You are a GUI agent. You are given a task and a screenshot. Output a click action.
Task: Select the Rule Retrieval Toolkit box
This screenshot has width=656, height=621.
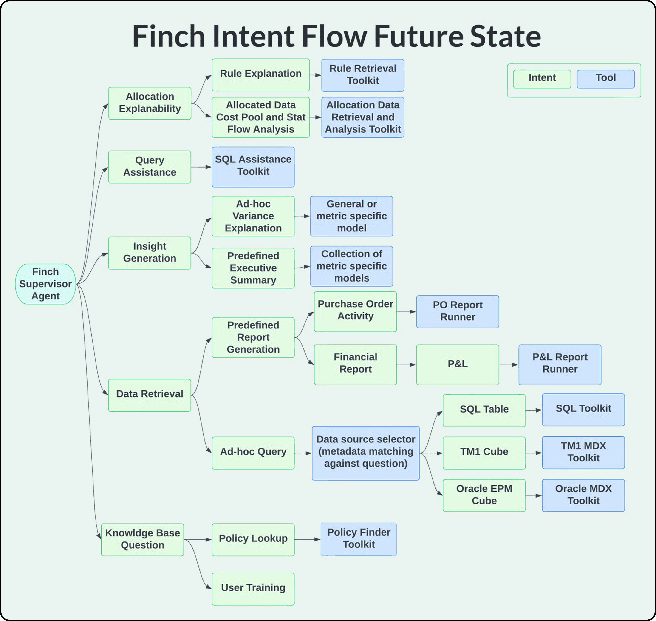363,75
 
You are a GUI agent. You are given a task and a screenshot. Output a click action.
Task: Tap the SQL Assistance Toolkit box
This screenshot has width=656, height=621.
253,167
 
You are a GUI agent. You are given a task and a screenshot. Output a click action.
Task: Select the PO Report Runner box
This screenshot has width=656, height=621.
458,311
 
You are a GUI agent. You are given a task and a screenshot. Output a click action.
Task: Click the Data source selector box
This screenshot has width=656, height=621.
365,453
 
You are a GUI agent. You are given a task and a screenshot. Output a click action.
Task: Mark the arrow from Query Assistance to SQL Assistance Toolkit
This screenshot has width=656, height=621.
201,167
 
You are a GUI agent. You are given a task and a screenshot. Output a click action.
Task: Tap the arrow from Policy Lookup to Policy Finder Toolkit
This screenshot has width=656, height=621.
307,539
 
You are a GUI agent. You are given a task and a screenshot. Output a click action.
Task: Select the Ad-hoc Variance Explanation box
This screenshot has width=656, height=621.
253,216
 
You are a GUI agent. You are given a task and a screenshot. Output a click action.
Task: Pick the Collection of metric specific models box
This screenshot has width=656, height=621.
351,266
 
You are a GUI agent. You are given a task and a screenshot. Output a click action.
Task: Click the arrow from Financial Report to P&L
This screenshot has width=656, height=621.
406,365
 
